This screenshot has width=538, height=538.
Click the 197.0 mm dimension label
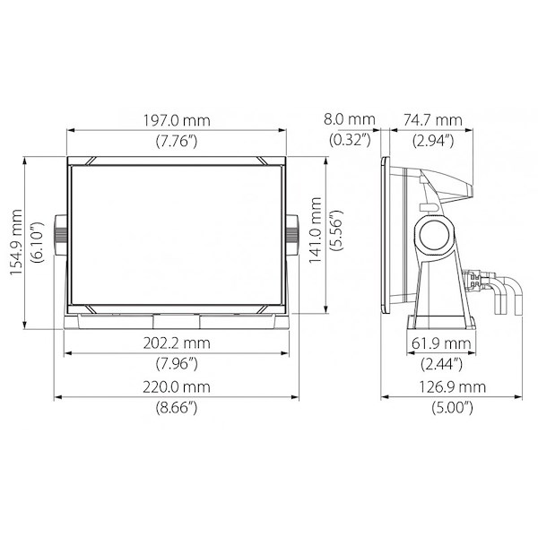pyautogui.click(x=177, y=120)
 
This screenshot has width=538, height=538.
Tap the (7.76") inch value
pyautogui.click(x=177, y=141)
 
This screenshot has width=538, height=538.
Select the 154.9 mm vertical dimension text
pyautogui.click(x=16, y=242)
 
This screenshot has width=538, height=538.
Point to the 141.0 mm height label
pyautogui.click(x=315, y=230)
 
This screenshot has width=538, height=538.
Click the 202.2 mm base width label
pyautogui.click(x=177, y=343)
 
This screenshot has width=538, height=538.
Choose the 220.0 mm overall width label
pyautogui.click(x=177, y=387)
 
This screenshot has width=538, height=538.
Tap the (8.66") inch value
pyautogui.click(x=177, y=408)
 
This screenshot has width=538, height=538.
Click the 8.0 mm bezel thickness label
pyautogui.click(x=350, y=119)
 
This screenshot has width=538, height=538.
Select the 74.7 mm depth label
pyautogui.click(x=433, y=120)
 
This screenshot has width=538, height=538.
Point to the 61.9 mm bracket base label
pyautogui.click(x=441, y=343)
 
